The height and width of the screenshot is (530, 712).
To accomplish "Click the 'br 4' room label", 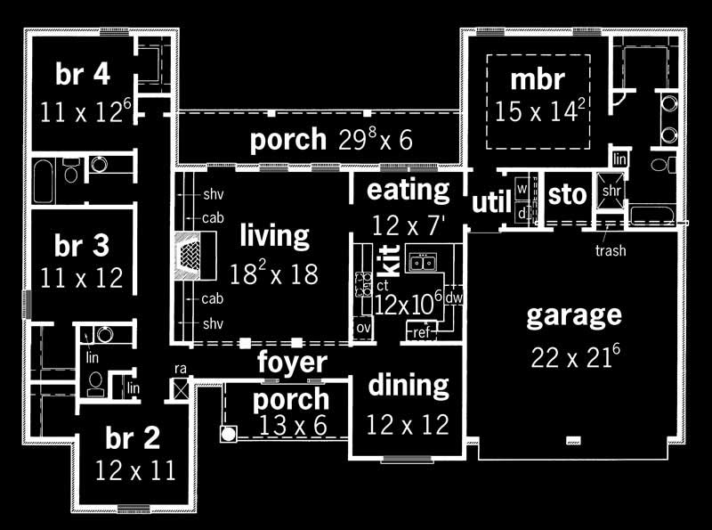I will [x=83, y=75].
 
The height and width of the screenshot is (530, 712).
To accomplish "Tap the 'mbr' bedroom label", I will [x=537, y=79].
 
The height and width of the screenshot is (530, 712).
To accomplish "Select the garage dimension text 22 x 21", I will [x=575, y=356].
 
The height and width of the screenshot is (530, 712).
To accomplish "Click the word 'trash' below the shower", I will [x=610, y=250].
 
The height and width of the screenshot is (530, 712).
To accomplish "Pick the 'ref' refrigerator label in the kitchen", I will [x=421, y=332].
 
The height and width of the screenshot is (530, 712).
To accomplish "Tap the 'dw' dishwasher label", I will [x=452, y=298].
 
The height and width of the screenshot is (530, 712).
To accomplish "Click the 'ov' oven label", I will [x=362, y=328].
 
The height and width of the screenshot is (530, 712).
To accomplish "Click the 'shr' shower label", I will [x=611, y=192].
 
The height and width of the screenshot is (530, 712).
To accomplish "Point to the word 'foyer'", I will [x=292, y=363].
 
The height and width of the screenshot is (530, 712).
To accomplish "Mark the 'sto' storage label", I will [x=565, y=194].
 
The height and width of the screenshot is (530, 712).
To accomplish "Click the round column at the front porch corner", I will [x=228, y=434].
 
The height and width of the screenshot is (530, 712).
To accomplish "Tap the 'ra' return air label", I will [x=179, y=367].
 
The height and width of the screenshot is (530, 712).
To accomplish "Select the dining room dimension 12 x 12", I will [x=408, y=425].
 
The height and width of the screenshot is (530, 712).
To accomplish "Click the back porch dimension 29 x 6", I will [x=375, y=140].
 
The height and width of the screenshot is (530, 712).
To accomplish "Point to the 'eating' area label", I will [x=409, y=189].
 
